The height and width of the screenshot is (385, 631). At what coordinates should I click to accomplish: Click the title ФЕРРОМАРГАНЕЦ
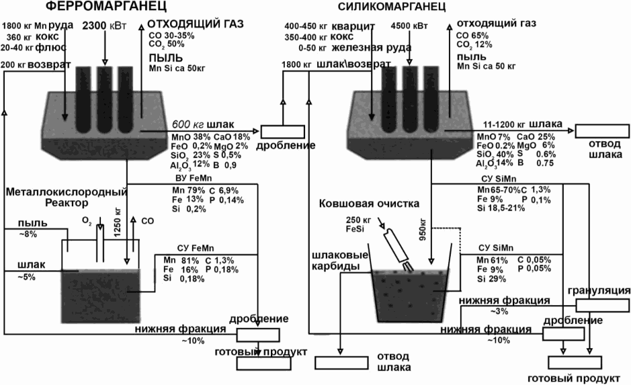coord(106,6)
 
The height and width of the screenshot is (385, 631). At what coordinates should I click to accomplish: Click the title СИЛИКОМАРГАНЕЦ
coord(392,7)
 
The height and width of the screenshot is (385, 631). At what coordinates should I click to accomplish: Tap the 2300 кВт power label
coord(104,26)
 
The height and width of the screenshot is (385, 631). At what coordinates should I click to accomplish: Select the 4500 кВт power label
coord(409,26)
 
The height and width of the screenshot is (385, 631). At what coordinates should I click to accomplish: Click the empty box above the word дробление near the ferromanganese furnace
coord(282,132)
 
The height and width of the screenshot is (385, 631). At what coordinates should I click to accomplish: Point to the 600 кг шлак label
coord(203,124)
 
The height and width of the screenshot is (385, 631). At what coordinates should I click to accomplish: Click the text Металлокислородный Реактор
coord(67,197)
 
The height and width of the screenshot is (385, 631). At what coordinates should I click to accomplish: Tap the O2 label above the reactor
coord(87,220)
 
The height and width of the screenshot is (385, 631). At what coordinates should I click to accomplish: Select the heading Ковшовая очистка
coord(369,204)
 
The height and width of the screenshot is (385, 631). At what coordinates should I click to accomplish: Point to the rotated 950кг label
coord(423,230)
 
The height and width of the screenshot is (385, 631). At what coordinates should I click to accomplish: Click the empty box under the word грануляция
coord(602,305)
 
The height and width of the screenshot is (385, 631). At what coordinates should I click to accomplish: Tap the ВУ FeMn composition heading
coord(194,178)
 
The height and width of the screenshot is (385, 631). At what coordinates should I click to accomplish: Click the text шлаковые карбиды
coord(341,260)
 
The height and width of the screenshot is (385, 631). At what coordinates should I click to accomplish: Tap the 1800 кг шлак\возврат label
coord(336,65)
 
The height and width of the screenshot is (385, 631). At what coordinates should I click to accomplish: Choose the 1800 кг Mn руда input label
coord(38,26)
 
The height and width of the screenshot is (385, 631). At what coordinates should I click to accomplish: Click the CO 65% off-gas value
coord(472,36)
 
